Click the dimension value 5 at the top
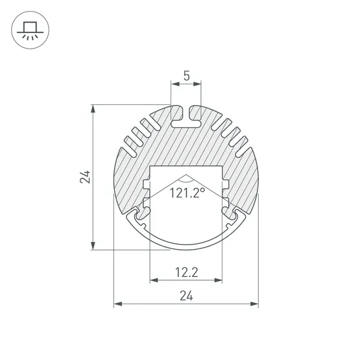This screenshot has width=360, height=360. [187, 76]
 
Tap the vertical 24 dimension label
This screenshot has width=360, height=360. [85, 177]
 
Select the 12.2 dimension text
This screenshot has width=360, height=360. [186, 272]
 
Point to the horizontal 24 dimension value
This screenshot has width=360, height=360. [186, 296]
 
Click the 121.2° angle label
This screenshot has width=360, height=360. [187, 193]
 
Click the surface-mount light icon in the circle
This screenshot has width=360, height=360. [30, 30]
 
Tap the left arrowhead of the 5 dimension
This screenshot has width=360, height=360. [175, 84]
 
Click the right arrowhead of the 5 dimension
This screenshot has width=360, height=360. [197, 84]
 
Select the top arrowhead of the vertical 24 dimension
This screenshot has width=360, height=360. [93, 109]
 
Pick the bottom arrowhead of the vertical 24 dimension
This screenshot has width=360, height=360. [93, 246]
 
